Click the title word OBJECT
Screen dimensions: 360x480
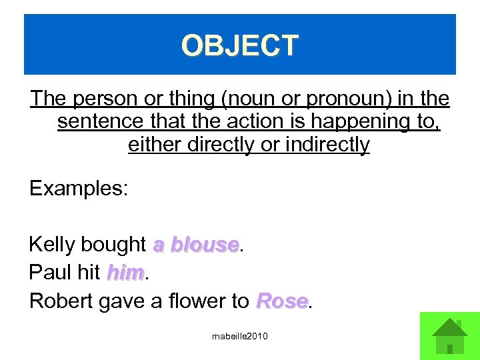240,46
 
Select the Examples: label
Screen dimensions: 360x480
79,189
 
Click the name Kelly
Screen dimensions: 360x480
51,245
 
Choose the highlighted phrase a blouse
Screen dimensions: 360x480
195,245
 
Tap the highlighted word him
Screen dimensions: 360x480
125,273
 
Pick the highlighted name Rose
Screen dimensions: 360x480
281,301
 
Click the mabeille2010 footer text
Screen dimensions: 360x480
239,337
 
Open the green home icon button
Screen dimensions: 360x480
449,335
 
